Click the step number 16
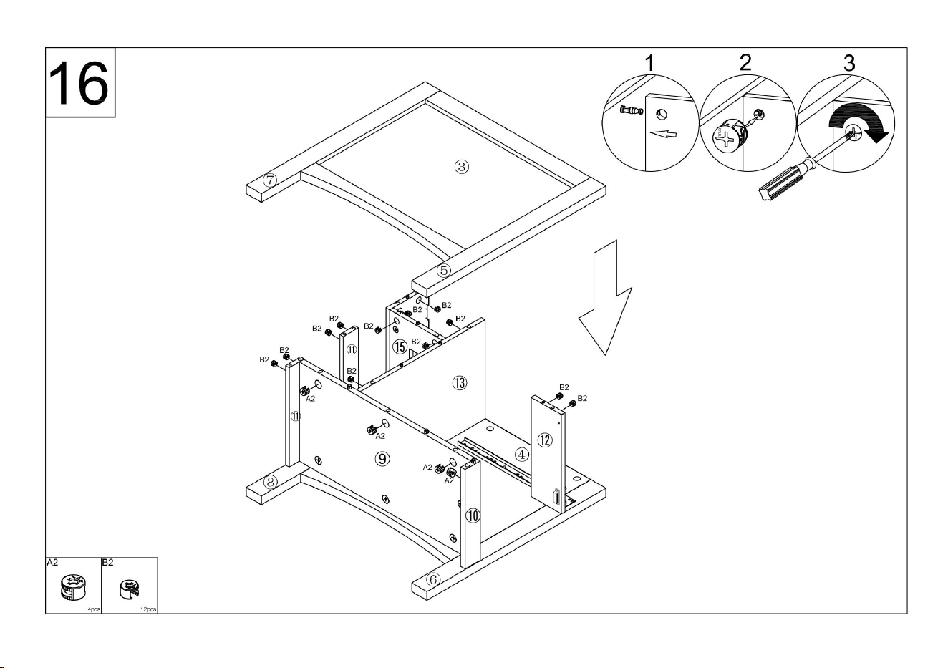click(x=79, y=83)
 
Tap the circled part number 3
click(x=461, y=167)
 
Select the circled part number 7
click(x=270, y=180)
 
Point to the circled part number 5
click(x=443, y=270)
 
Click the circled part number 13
click(x=460, y=383)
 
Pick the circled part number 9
click(x=382, y=458)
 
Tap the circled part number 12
click(x=545, y=440)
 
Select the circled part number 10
click(x=473, y=515)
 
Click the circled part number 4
click(x=521, y=455)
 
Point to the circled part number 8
click(x=271, y=482)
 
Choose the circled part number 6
click(x=432, y=579)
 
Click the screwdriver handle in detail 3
click(x=783, y=183)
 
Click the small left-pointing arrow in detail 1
click(x=663, y=134)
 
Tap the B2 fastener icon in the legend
click(x=129, y=589)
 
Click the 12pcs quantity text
click(x=148, y=609)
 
